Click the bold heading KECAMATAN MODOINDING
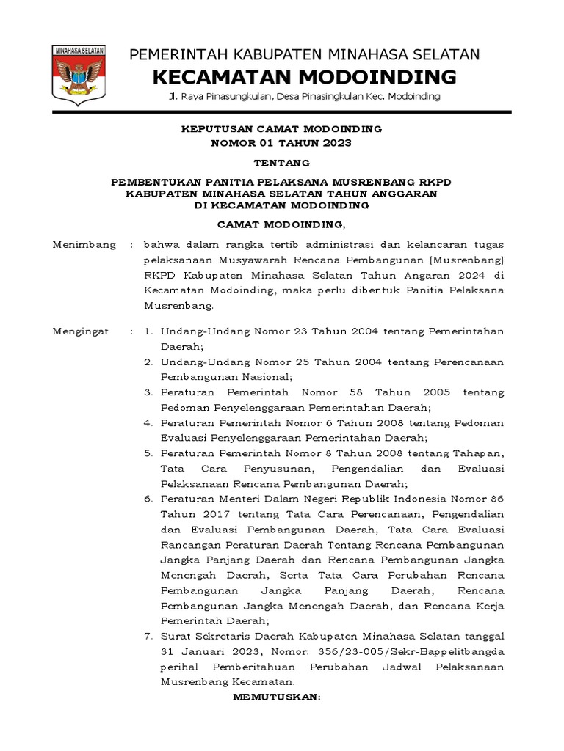[305, 76]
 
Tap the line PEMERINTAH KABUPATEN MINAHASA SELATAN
[305, 54]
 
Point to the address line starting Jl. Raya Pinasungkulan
[304, 97]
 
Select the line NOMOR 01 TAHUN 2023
[282, 142]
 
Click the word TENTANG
[282, 162]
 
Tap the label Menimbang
[84, 245]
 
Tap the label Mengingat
[81, 331]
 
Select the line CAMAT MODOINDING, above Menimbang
[282, 224]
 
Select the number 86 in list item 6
[496, 499]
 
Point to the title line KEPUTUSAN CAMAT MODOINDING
[282, 129]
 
